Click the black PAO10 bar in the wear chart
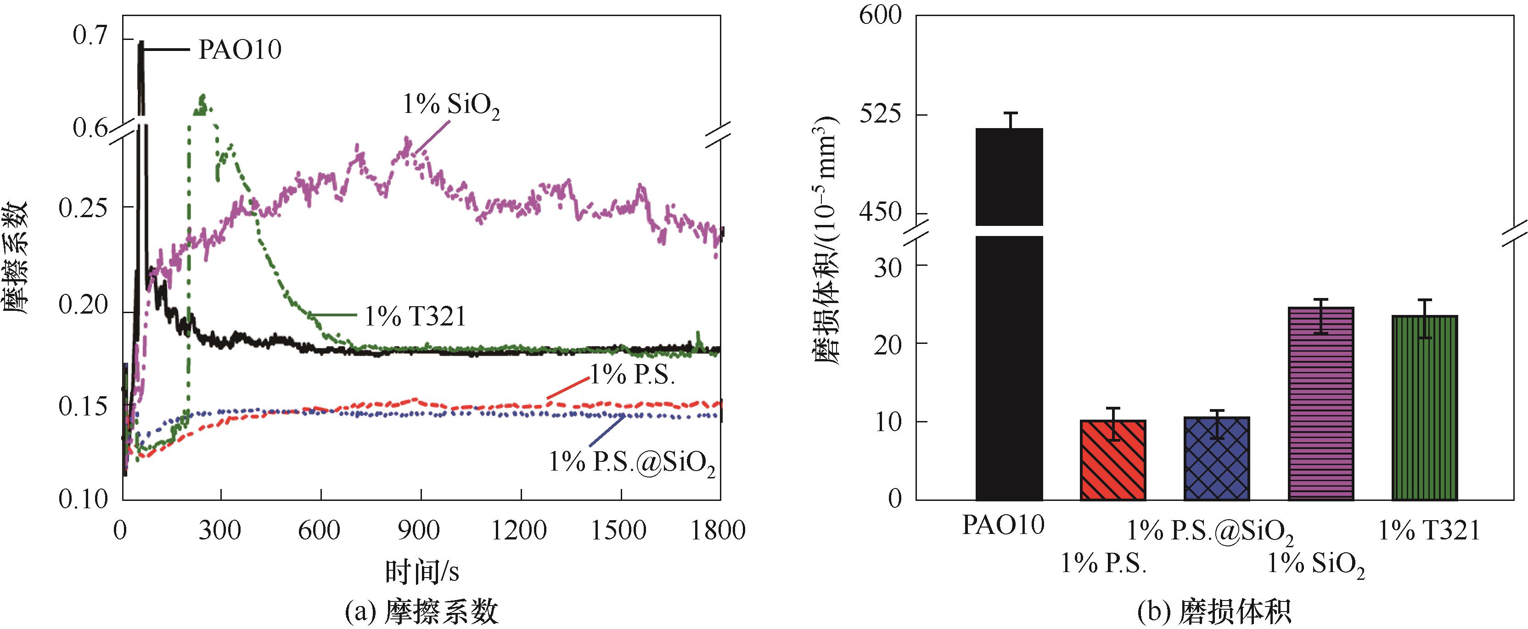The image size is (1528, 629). tap(1009, 356)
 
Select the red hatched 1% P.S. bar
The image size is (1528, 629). tap(1113, 460)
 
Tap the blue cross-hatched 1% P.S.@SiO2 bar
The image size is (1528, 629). tap(1217, 458)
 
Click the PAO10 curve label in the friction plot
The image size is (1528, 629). tap(239, 50)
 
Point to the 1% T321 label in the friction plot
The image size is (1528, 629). tap(415, 316)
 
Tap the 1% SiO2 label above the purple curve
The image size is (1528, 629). tap(451, 107)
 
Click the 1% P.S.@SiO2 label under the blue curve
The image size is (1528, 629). tap(632, 462)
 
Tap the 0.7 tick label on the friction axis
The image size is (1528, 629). tap(90, 36)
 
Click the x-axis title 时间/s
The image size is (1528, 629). tap(422, 572)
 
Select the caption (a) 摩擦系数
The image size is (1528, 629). tap(422, 611)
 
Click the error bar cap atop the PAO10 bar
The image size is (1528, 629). tap(1011, 113)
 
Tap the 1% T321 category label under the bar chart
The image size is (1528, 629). tap(1428, 530)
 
